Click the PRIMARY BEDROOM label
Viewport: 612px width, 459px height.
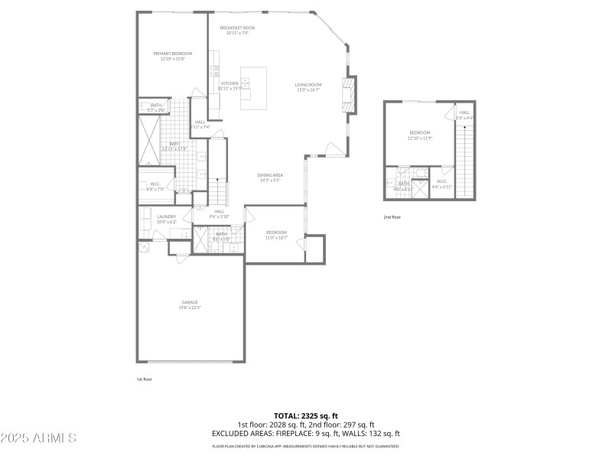[x=172, y=54]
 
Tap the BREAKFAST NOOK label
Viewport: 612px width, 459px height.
[x=237, y=28]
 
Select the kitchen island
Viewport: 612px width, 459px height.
[x=254, y=88]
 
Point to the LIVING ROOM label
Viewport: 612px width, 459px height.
[x=308, y=84]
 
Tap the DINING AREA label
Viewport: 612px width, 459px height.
[x=271, y=175]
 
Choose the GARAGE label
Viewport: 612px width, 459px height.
[x=190, y=301]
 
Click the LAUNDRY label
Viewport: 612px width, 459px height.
[x=166, y=216]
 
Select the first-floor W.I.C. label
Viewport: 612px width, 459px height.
[x=155, y=183]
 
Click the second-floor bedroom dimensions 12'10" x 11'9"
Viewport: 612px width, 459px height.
[x=421, y=138]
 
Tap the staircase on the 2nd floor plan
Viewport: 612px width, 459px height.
[x=464, y=161]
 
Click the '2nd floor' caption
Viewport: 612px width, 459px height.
[x=392, y=217]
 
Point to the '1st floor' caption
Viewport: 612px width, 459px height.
[x=145, y=379]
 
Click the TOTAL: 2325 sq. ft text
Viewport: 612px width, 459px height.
[x=306, y=416]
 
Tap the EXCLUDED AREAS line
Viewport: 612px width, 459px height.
[x=306, y=433]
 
